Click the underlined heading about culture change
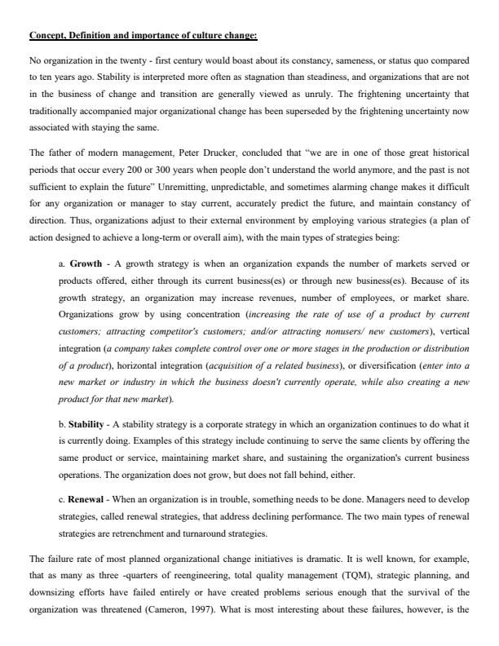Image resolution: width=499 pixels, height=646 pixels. click(x=143, y=36)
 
